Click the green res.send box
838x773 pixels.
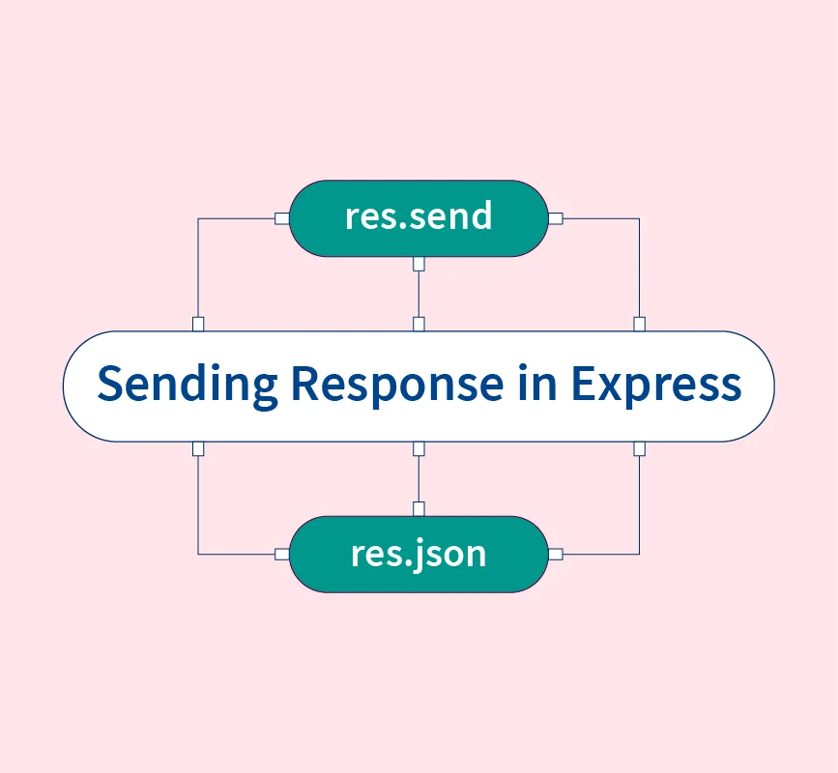pyautogui.click(x=419, y=218)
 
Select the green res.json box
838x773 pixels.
pyautogui.click(x=419, y=554)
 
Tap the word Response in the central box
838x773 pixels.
pyautogui.click(x=397, y=385)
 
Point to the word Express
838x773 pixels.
pyautogui.click(x=655, y=385)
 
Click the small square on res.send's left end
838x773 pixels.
pyautogui.click(x=281, y=218)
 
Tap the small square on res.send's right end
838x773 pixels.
pyautogui.click(x=556, y=218)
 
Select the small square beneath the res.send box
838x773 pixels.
pyautogui.click(x=419, y=264)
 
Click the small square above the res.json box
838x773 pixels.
pyautogui.click(x=419, y=508)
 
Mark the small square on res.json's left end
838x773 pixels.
pyautogui.click(x=281, y=554)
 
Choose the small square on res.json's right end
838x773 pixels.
pyautogui.click(x=556, y=554)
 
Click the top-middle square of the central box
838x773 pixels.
pyautogui.click(x=419, y=324)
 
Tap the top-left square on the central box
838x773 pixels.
pyautogui.click(x=198, y=324)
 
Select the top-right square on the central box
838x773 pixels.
pyautogui.click(x=639, y=324)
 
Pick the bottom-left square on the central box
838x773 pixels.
pyautogui.click(x=198, y=448)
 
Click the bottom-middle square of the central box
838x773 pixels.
pyautogui.click(x=419, y=448)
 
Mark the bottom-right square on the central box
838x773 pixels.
pyautogui.click(x=639, y=448)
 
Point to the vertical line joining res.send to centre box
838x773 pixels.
pyautogui.click(x=419, y=294)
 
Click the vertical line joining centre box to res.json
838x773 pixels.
pyautogui.click(x=419, y=478)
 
